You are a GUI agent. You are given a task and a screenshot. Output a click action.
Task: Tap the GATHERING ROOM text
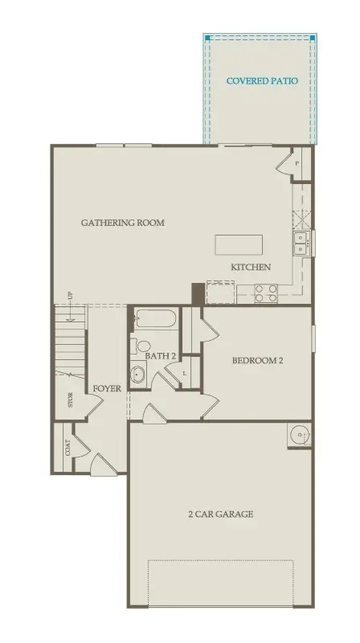point(123,222)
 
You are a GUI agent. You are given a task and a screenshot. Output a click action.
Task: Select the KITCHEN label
point(251,267)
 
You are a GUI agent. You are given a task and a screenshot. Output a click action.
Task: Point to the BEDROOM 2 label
point(257,361)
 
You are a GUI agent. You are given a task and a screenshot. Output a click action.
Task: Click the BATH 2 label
point(161,355)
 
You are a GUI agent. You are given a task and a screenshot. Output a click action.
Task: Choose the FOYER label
point(107,389)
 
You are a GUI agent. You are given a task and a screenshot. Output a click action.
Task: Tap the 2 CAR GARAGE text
point(221,514)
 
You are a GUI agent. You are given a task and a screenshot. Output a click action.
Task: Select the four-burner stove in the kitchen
point(266,293)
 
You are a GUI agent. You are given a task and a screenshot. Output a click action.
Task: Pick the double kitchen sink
point(301,243)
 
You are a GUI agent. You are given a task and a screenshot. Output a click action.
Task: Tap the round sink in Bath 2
point(138,374)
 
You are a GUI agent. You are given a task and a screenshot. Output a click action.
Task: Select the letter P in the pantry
point(297,164)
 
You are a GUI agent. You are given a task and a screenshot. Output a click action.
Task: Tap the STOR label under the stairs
point(71,400)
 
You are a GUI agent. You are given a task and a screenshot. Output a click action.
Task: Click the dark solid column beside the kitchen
point(197,293)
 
